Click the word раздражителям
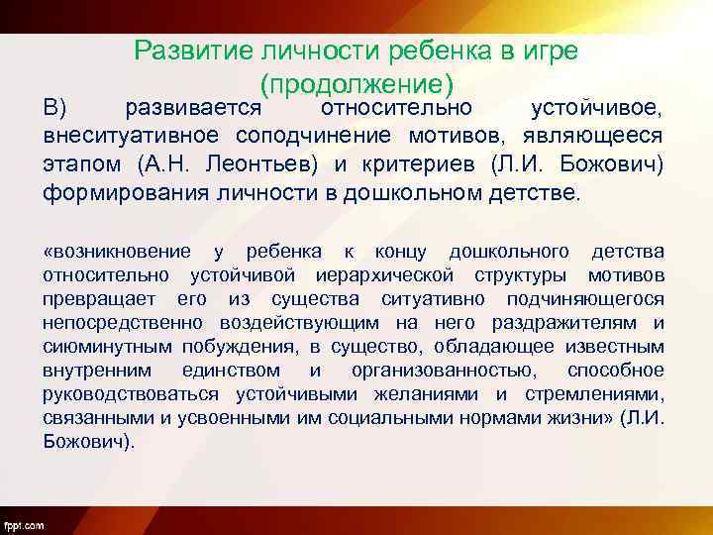pyautogui.click(x=575, y=323)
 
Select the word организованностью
pyautogui.click(x=439, y=371)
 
